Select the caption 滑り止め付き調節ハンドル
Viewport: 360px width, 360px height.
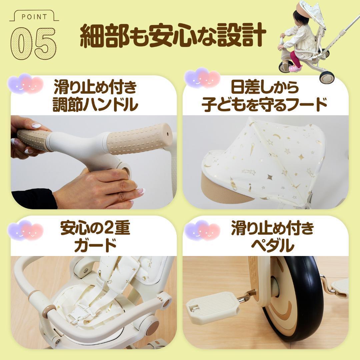click(95, 96)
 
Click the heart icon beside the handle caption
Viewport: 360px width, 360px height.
click(26, 83)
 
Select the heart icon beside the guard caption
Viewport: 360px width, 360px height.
click(26, 230)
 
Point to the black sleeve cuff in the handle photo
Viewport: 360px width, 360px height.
click(33, 199)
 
